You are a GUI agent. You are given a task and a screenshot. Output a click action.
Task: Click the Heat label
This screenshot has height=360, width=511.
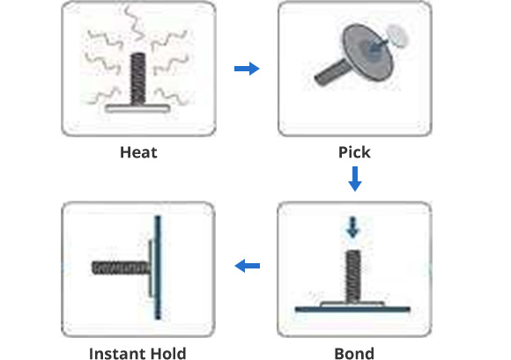[x=138, y=152]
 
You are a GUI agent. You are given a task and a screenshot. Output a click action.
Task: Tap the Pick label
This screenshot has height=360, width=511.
[x=354, y=152]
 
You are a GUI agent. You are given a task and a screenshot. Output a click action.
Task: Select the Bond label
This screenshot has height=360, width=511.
[x=354, y=354]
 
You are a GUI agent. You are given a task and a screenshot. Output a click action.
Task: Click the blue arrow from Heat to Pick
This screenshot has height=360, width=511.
[x=247, y=69]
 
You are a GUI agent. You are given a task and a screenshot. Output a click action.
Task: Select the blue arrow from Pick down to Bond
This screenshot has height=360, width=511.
[x=355, y=179]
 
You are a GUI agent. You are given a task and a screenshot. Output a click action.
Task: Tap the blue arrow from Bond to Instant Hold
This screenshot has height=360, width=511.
[x=248, y=266]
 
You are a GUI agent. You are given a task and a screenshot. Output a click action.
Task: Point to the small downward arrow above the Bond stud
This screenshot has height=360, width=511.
[x=352, y=227]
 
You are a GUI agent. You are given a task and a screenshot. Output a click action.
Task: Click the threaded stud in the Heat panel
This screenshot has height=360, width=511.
[x=137, y=79]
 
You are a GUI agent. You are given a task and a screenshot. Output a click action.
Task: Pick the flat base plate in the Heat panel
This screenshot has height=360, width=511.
[x=137, y=108]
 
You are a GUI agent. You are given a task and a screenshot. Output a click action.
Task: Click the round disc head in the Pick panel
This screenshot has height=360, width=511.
[x=367, y=52]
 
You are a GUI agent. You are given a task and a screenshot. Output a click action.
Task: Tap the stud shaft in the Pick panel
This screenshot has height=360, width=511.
[x=330, y=72]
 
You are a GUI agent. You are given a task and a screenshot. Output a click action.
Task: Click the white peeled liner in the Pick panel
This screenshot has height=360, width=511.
[x=397, y=35]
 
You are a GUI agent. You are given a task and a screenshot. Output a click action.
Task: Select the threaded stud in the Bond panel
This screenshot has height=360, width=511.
[x=353, y=276]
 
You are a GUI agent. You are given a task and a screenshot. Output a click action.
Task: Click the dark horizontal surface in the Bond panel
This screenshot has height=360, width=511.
[x=352, y=309]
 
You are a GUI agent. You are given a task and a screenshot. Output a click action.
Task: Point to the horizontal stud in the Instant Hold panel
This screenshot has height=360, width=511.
[x=121, y=268]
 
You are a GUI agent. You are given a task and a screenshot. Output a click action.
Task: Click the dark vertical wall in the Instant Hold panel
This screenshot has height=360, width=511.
[x=158, y=268]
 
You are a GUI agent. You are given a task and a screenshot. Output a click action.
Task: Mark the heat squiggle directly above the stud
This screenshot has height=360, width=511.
[x=135, y=22]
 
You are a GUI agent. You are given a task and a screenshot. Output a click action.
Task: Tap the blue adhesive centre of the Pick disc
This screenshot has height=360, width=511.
[x=375, y=48]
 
